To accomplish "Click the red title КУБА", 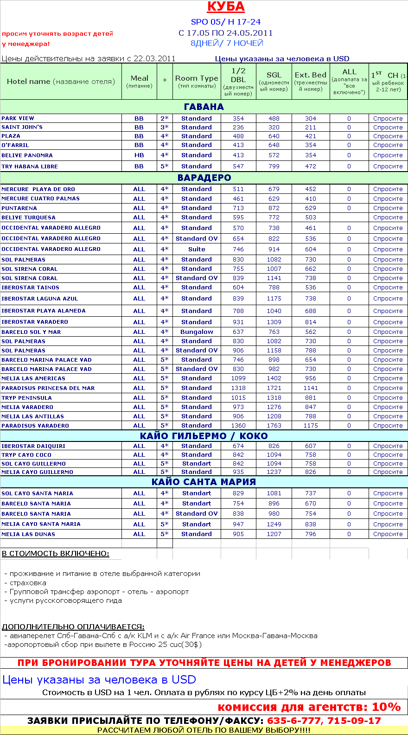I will click(226, 6).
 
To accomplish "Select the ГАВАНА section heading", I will click(204, 107).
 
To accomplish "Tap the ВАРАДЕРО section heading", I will click(204, 178).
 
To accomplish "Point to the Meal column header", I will click(139, 81).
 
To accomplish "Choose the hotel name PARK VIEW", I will click(18, 118).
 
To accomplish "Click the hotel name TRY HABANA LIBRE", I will click(30, 166).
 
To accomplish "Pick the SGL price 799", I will click(274, 166).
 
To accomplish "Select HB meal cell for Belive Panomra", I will click(139, 155).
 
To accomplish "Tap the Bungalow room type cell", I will click(197, 332).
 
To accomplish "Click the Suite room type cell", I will click(197, 249).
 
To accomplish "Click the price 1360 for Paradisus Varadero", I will click(238, 426).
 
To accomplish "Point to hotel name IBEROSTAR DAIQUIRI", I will click(33, 446).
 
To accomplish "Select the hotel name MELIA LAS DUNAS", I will click(28, 534).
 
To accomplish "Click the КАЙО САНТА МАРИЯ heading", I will click(204, 482).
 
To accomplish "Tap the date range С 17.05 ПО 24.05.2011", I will click(226, 33).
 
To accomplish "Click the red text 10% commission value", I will click(386, 707).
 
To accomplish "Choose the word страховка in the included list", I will click(28, 583).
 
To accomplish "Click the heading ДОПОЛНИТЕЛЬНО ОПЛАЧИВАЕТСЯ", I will click(73, 627).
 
